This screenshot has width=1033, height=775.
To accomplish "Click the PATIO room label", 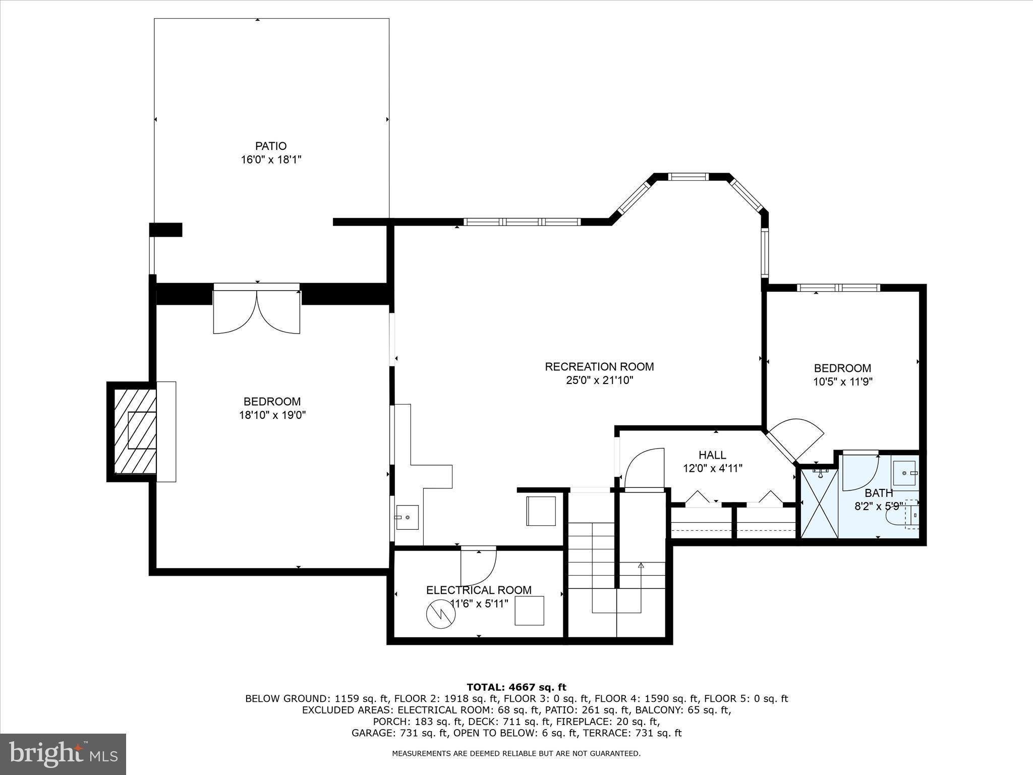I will (271, 146).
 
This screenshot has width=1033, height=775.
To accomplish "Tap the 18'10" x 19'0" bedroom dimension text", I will (272, 415).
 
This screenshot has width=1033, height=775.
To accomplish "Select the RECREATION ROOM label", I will (599, 367).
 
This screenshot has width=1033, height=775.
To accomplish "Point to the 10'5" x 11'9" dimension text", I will (842, 382).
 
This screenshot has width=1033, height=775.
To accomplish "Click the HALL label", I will (712, 455).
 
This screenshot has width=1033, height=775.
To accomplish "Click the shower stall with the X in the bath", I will (820, 504).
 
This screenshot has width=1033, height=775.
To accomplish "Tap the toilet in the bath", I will (908, 514).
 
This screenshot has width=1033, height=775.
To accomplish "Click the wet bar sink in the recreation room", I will (407, 517).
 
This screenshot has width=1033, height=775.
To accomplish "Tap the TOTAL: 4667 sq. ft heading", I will (516, 687).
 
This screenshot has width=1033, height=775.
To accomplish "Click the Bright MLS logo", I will (63, 754).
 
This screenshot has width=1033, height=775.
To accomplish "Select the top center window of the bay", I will (688, 177).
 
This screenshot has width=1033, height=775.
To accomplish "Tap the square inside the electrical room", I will (529, 611).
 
